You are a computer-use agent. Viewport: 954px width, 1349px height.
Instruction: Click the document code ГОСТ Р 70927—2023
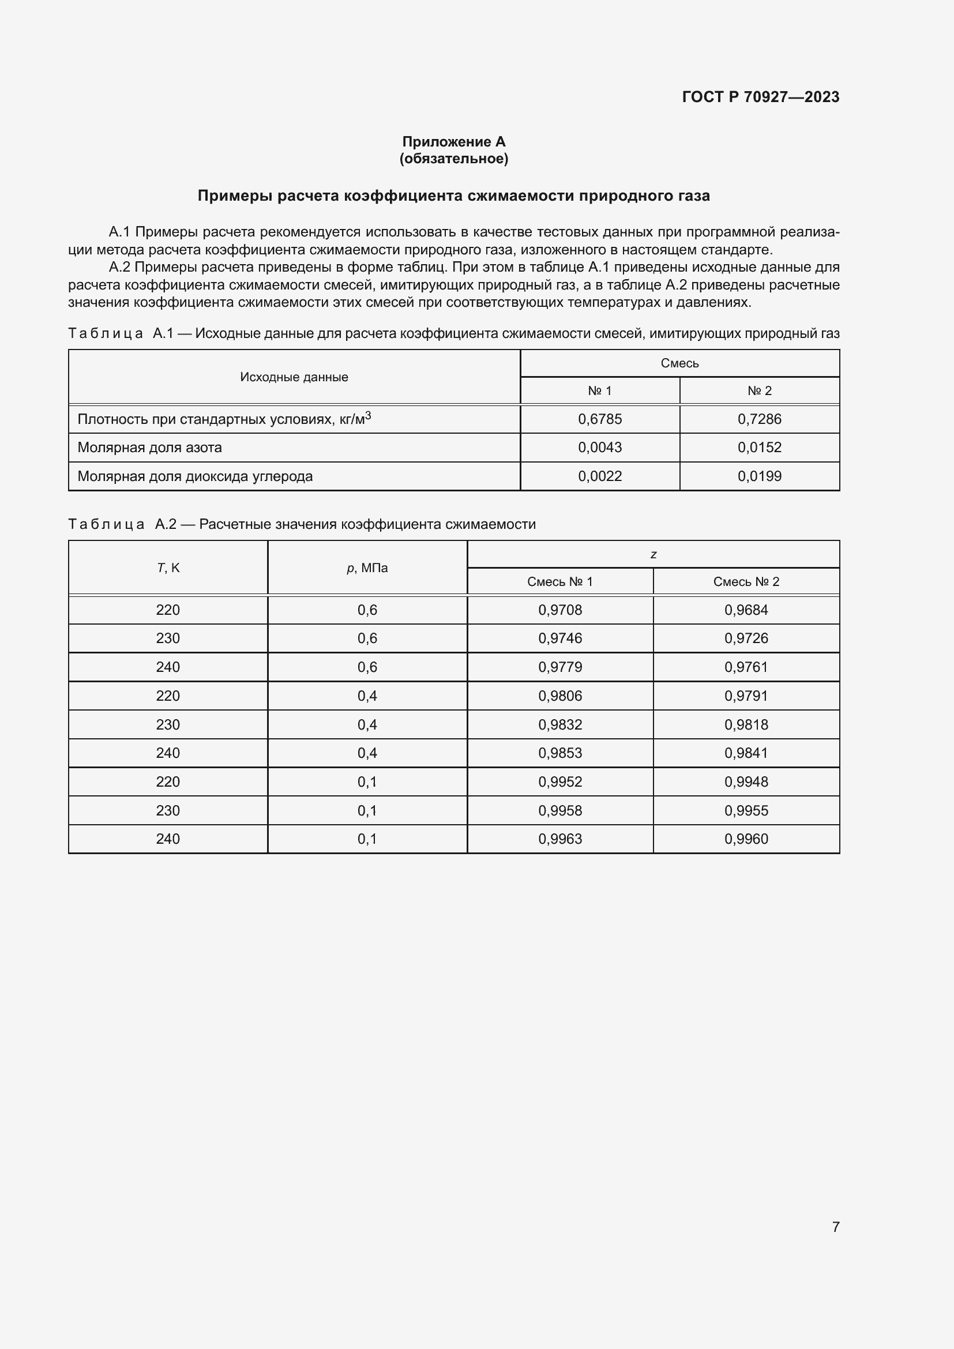pos(760,97)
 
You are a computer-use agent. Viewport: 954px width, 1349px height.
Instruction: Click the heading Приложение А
pos(453,142)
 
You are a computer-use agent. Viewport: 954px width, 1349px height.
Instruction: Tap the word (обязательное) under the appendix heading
pos(453,159)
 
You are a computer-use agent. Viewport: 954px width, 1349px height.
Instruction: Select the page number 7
pos(835,1227)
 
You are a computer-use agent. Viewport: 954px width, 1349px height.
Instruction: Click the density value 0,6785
pos(600,419)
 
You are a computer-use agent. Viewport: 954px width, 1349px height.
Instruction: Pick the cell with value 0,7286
pos(759,419)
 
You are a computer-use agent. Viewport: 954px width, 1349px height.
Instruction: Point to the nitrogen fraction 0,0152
pos(759,447)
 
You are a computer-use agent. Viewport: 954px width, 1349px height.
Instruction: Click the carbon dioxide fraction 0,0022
pos(600,476)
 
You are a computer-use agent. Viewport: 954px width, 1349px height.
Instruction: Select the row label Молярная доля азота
pos(150,448)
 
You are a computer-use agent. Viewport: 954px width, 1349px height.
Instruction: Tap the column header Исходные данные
pos(294,377)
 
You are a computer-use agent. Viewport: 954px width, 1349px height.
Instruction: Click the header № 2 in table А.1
pos(759,390)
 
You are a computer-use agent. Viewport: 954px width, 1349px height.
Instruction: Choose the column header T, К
pos(168,568)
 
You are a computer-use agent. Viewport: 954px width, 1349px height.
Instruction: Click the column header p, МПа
pos(367,568)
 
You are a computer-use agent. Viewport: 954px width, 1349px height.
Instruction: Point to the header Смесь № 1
pos(560,582)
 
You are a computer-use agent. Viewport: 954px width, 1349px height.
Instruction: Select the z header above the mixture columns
pos(653,555)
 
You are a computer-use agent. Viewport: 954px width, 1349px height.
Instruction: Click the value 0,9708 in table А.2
pos(560,610)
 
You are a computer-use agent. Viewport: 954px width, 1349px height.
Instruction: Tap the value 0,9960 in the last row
pos(746,839)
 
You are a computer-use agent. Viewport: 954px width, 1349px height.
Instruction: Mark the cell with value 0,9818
pos(746,724)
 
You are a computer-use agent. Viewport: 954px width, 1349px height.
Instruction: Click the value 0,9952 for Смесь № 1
pos(560,781)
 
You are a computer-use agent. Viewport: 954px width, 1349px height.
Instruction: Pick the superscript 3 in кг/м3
pos(368,415)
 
